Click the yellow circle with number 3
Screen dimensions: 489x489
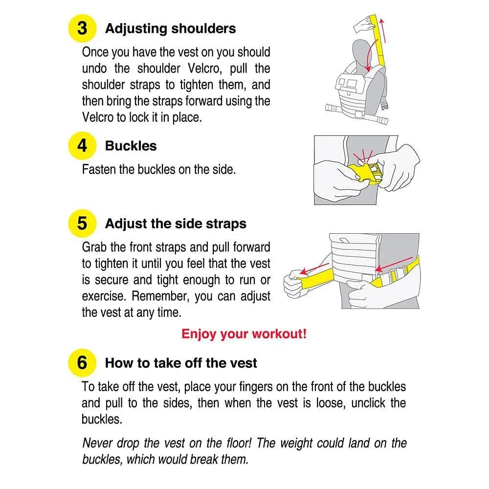click(82, 28)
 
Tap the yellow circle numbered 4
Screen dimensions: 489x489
click(82, 146)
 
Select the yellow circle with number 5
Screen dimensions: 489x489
click(82, 223)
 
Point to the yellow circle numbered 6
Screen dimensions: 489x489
click(82, 363)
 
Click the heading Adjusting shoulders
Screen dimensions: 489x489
click(170, 28)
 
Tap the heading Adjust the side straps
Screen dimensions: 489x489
click(176, 224)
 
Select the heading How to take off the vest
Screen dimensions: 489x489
click(181, 363)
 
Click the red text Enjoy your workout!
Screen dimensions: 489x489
click(244, 334)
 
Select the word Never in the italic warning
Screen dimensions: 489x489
click(98, 443)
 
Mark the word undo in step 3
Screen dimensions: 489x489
click(94, 68)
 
